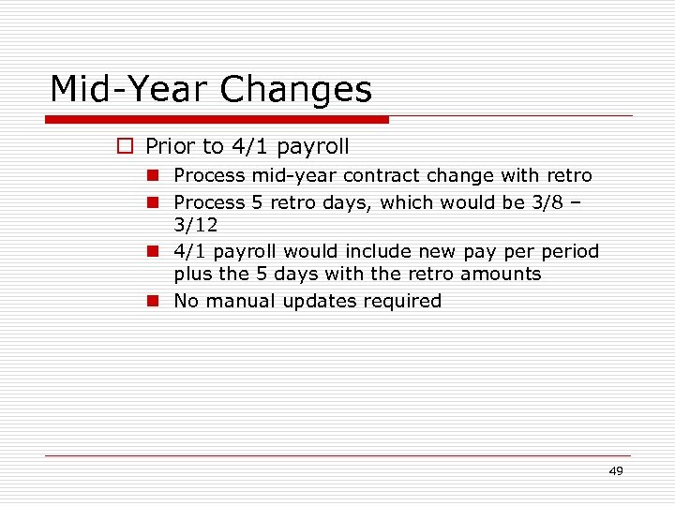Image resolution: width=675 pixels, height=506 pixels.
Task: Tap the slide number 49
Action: (615, 471)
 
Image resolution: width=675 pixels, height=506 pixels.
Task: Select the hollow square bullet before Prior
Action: (125, 146)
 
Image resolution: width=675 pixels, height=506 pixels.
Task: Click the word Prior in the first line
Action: (170, 146)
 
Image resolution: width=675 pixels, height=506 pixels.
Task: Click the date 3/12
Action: (195, 226)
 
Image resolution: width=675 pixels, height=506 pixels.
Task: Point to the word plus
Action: (194, 275)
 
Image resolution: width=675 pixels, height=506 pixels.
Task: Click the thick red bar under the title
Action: (217, 120)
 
